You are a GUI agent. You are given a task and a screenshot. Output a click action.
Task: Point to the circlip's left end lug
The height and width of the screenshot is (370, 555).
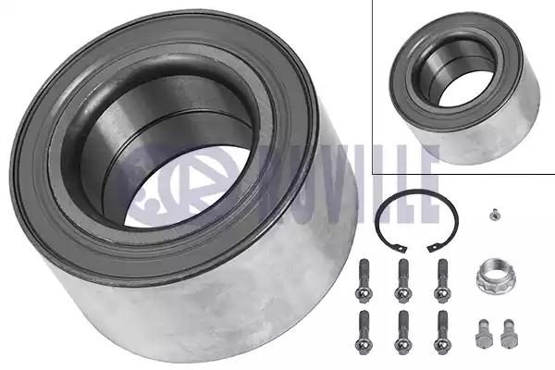pyautogui.click(x=402, y=249)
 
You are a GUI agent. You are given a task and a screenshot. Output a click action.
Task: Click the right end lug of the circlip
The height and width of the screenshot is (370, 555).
pyautogui.click(x=432, y=248)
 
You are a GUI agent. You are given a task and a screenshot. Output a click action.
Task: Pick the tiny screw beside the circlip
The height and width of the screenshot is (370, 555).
pyautogui.click(x=492, y=215)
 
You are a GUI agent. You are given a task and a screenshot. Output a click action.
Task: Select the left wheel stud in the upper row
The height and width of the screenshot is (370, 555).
pyautogui.click(x=364, y=281)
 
